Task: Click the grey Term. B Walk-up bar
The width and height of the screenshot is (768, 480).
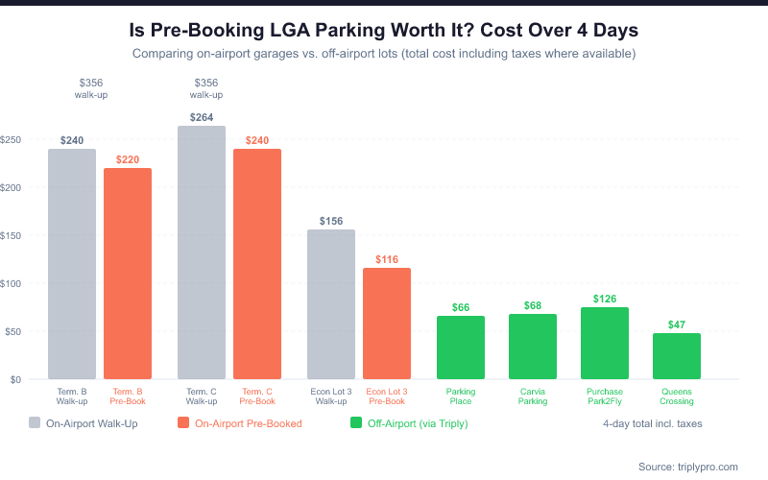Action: click(72, 264)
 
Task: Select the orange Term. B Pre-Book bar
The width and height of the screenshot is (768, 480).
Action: click(128, 274)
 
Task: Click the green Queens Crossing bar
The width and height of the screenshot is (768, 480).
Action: click(677, 356)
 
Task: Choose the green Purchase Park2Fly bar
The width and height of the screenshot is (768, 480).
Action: click(605, 343)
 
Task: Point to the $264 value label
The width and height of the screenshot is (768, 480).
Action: click(202, 117)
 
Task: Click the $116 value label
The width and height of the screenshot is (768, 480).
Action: click(387, 259)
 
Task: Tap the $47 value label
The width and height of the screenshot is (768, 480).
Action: click(677, 324)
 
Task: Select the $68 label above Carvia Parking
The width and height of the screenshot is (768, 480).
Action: click(533, 305)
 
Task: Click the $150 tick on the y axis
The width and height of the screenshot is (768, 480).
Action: click(12, 235)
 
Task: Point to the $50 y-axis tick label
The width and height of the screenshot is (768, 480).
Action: click(12, 331)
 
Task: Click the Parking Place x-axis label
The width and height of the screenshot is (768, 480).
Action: click(461, 396)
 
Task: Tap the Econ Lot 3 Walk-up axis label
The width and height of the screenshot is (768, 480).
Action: click(330, 396)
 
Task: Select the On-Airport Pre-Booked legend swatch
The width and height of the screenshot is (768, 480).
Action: click(184, 422)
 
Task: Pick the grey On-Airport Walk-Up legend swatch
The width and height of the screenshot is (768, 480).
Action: click(36, 422)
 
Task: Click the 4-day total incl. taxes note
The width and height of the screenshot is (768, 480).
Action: click(653, 422)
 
